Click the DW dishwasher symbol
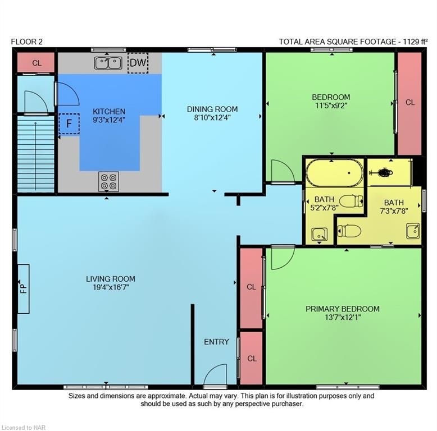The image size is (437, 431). click(x=138, y=63)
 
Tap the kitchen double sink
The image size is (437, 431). click(x=108, y=63)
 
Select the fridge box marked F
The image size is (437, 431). click(x=69, y=123)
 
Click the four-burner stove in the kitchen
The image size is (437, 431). click(x=108, y=181)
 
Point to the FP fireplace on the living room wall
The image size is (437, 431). click(x=24, y=288)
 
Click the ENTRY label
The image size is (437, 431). click(x=216, y=342)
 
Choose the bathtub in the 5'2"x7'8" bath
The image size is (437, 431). click(x=335, y=173)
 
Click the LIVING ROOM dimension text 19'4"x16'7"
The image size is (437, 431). click(x=111, y=287)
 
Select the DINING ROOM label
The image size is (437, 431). click(x=212, y=109)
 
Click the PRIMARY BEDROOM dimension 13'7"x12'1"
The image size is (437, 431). click(x=343, y=318)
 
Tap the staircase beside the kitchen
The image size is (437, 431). click(x=36, y=154)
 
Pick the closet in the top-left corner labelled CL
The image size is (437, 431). click(x=36, y=63)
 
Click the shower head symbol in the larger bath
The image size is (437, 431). click(x=381, y=173)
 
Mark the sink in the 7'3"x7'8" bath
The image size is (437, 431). click(x=413, y=231)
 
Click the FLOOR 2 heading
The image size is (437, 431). click(x=27, y=42)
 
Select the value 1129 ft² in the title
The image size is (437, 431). click(x=415, y=42)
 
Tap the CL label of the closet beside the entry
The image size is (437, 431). click(x=252, y=359)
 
